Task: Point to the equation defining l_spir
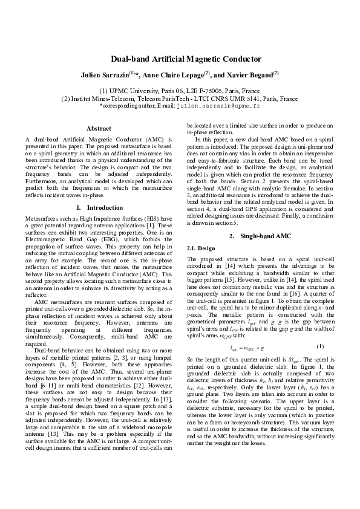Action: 247,348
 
